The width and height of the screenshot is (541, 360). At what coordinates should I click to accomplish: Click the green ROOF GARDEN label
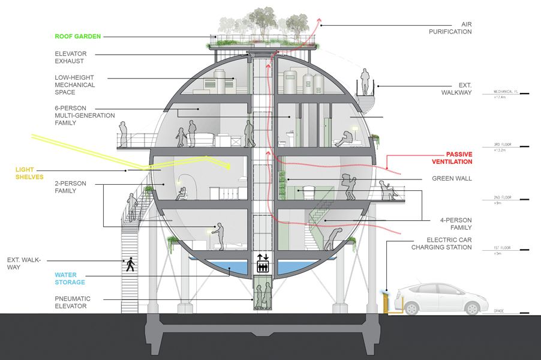(x=77, y=36)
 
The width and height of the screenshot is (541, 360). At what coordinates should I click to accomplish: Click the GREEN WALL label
(x=452, y=179)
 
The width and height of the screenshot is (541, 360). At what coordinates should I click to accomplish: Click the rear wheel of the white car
(x=411, y=308)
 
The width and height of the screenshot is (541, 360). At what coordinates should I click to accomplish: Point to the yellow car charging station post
(x=384, y=301)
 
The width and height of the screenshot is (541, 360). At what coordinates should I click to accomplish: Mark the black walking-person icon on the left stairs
(x=129, y=263)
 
